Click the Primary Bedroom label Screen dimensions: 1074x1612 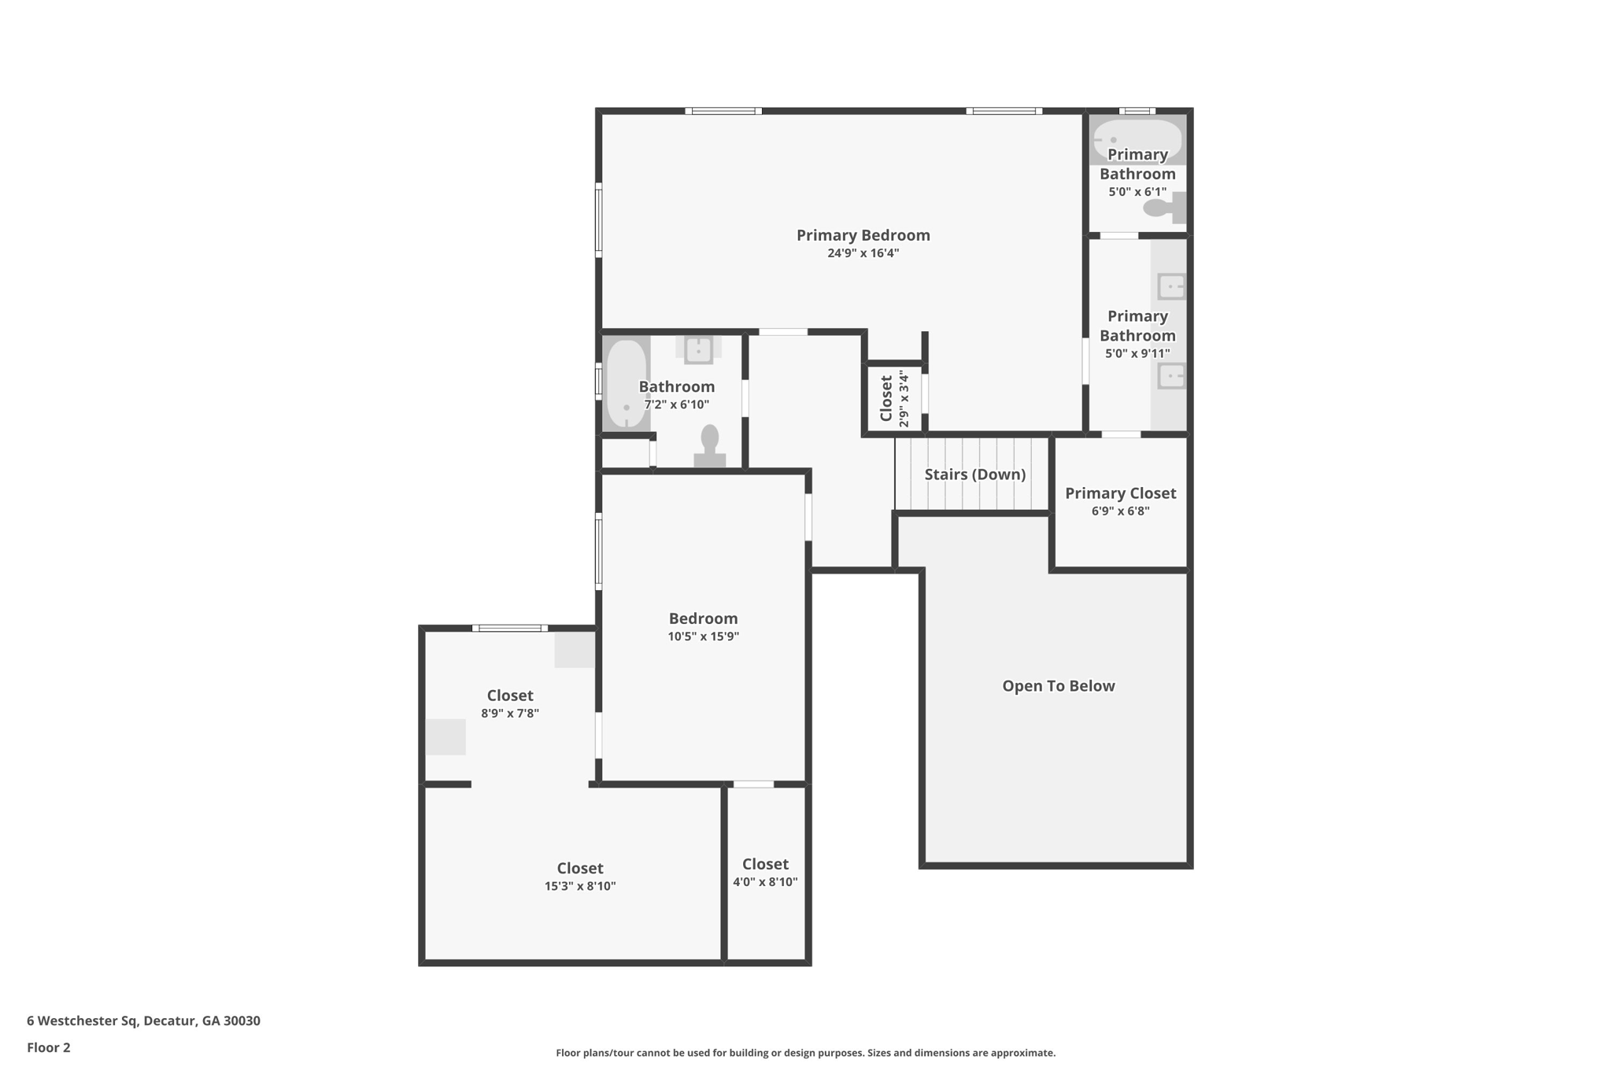point(863,235)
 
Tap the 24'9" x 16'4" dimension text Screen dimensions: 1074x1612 point(863,253)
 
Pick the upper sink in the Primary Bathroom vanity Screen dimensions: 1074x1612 point(1171,286)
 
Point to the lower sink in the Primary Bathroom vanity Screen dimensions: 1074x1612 point(1171,376)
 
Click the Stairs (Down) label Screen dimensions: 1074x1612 point(974,474)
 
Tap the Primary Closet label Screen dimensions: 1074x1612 point(1120,493)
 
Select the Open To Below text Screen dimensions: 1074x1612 point(1058,686)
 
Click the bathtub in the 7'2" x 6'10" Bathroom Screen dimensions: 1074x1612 point(627,383)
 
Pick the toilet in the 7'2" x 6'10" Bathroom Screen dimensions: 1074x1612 point(710,447)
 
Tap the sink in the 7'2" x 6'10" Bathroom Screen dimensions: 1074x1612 point(698,349)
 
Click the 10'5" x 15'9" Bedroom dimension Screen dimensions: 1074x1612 point(703,637)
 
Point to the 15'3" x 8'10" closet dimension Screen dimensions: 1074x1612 point(580,886)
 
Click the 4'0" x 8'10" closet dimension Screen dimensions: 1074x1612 point(765,882)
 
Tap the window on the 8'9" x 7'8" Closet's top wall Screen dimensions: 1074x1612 point(510,628)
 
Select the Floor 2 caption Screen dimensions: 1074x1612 point(49,1047)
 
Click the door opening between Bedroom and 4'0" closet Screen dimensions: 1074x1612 point(753,784)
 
